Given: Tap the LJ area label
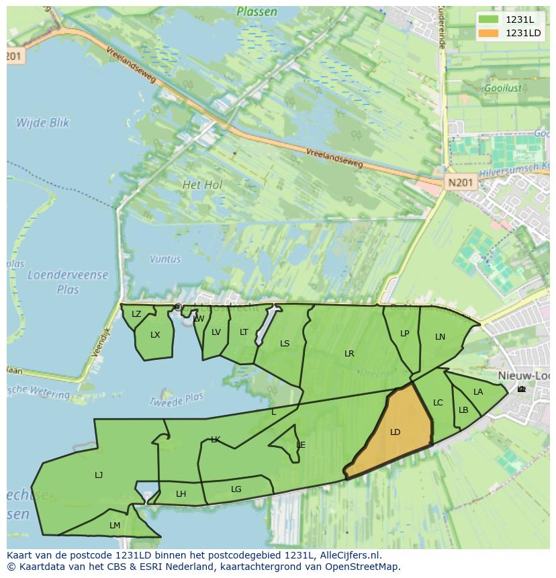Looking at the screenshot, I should tap(99, 475).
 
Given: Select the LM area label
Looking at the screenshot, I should tap(115, 526).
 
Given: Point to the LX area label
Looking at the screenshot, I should tap(155, 335).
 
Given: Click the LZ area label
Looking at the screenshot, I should tap(136, 314).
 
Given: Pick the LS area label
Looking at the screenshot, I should tap(285, 344).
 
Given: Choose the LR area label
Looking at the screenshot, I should tap(349, 354).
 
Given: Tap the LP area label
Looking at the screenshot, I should tap(404, 334).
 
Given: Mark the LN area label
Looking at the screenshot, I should tap(440, 337).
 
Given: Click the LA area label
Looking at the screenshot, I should tap(478, 392).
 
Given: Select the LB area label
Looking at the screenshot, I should tap(463, 410).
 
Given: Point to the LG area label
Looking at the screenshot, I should tap(236, 489).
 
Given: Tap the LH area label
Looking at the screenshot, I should tap(181, 494).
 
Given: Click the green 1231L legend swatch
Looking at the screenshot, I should tap(488, 19).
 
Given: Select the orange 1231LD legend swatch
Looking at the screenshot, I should tap(488, 33).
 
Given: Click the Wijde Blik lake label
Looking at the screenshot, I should tap(43, 123).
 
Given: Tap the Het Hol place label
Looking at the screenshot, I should tap(202, 184).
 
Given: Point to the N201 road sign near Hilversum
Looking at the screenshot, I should tap(461, 182).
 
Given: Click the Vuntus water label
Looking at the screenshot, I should tap(165, 258).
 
